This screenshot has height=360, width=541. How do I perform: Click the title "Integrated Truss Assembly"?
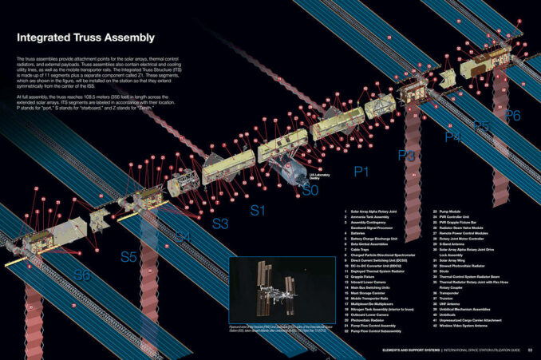85,38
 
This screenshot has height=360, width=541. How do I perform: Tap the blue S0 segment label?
310,191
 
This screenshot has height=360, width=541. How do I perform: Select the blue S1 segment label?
258,210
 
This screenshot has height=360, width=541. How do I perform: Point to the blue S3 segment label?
220,224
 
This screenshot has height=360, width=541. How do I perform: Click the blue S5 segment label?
129,257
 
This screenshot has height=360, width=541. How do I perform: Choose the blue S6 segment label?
82,275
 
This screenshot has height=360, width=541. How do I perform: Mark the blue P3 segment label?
406,154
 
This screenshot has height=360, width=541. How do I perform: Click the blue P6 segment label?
512,115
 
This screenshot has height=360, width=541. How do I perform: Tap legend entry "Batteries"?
360,235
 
